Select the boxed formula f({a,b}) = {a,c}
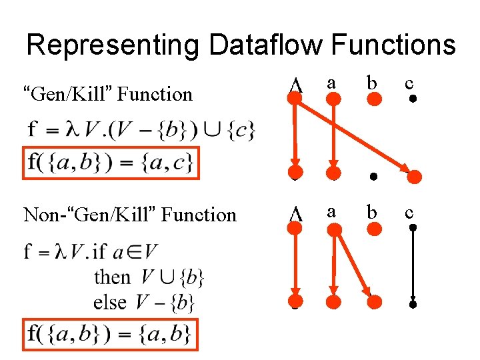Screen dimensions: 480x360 pyautogui.click(x=111, y=163)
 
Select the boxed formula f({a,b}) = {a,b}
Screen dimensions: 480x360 pyautogui.click(x=111, y=333)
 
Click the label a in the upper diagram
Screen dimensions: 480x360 pyautogui.click(x=331, y=83)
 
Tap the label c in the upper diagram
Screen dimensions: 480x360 pyautogui.click(x=410, y=83)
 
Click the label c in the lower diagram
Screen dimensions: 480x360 pyautogui.click(x=410, y=213)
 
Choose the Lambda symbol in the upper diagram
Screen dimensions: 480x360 pyautogui.click(x=293, y=85)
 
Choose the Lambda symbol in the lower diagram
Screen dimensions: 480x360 pyautogui.click(x=293, y=215)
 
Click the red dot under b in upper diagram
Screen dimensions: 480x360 pyautogui.click(x=375, y=100)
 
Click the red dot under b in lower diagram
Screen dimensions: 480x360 pyautogui.click(x=375, y=229)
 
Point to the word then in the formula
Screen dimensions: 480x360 pyautogui.click(x=112, y=277)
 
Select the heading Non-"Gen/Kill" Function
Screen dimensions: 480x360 pyautogui.click(x=130, y=215)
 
